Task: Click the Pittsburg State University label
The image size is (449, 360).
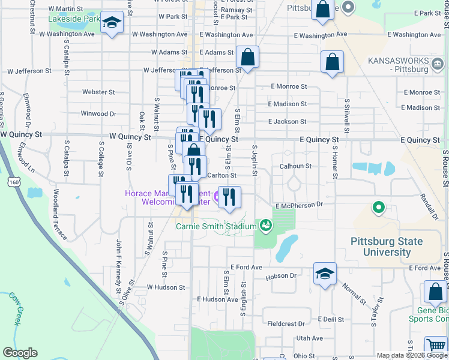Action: (x=387, y=247)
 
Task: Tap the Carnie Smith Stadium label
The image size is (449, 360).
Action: (x=216, y=226)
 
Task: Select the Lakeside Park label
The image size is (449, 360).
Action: (x=74, y=19)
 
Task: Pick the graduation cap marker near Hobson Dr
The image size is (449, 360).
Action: (x=325, y=274)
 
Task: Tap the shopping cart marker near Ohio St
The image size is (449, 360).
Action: (x=435, y=346)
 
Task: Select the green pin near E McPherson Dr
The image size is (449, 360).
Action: (x=378, y=208)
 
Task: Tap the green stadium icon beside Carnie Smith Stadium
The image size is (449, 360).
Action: (x=265, y=226)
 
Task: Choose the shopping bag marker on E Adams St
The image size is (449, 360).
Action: (x=247, y=58)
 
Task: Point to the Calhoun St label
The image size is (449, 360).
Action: (x=295, y=166)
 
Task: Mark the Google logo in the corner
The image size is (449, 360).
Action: (x=20, y=353)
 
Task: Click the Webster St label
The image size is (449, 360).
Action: (x=98, y=92)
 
